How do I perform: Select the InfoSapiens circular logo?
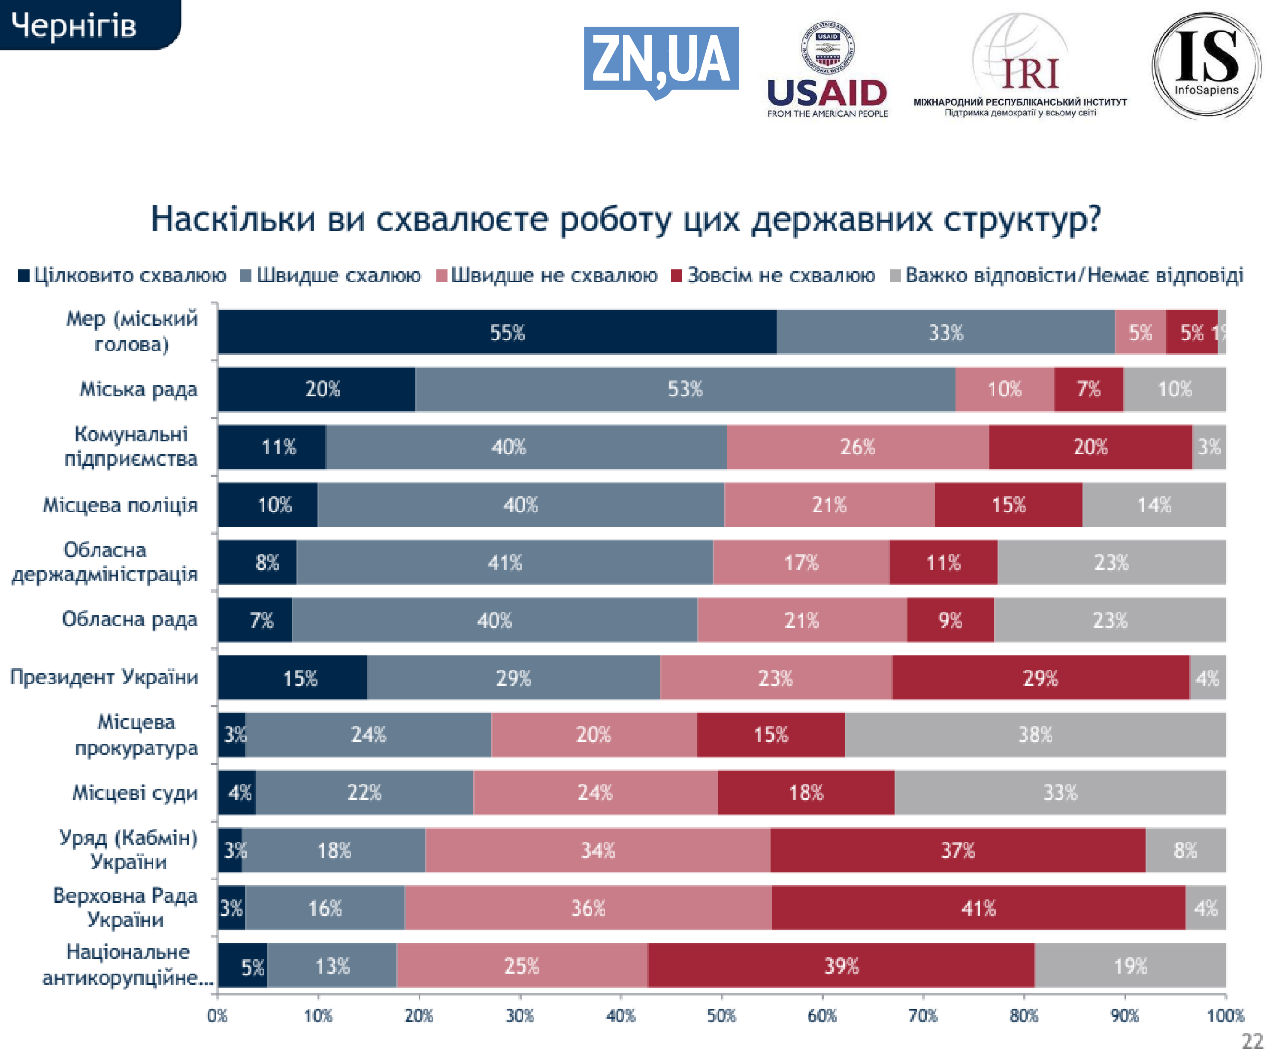coord(1206,65)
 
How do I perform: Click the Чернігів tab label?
coord(74,26)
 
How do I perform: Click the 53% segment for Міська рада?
coord(685,389)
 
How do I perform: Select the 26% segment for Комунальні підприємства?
coord(858,447)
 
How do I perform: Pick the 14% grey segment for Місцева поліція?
coord(1154,505)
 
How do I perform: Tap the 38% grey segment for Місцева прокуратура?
coord(1035,735)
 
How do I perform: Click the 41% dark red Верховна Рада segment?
coord(978,908)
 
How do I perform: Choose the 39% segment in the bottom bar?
coord(841,966)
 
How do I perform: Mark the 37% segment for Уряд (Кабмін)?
coord(957,851)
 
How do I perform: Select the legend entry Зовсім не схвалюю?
coord(774,276)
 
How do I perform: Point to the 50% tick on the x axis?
coord(721,1016)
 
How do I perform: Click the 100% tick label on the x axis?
coord(1225,1016)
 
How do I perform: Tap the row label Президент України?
coord(104,677)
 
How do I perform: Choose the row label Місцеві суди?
coord(135,793)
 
